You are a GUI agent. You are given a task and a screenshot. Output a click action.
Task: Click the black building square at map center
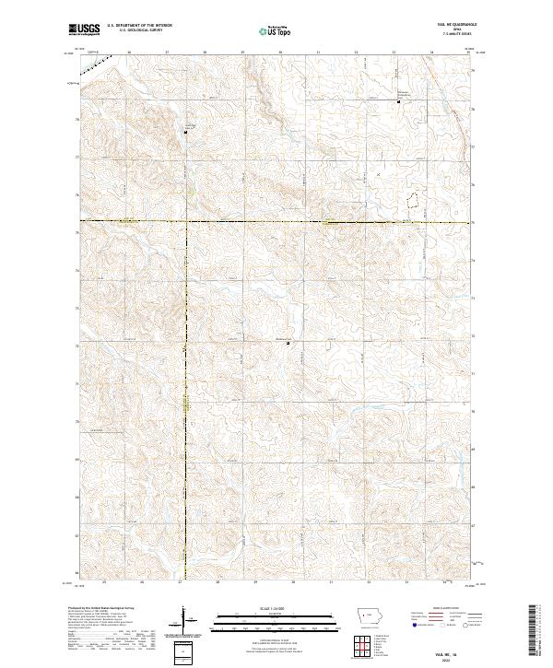point(288,344)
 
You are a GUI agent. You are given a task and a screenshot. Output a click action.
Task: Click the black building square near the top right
point(398,101)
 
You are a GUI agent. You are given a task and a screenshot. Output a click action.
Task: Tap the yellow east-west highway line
point(276,221)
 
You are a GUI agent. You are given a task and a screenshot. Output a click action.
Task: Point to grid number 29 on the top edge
point(242,53)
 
